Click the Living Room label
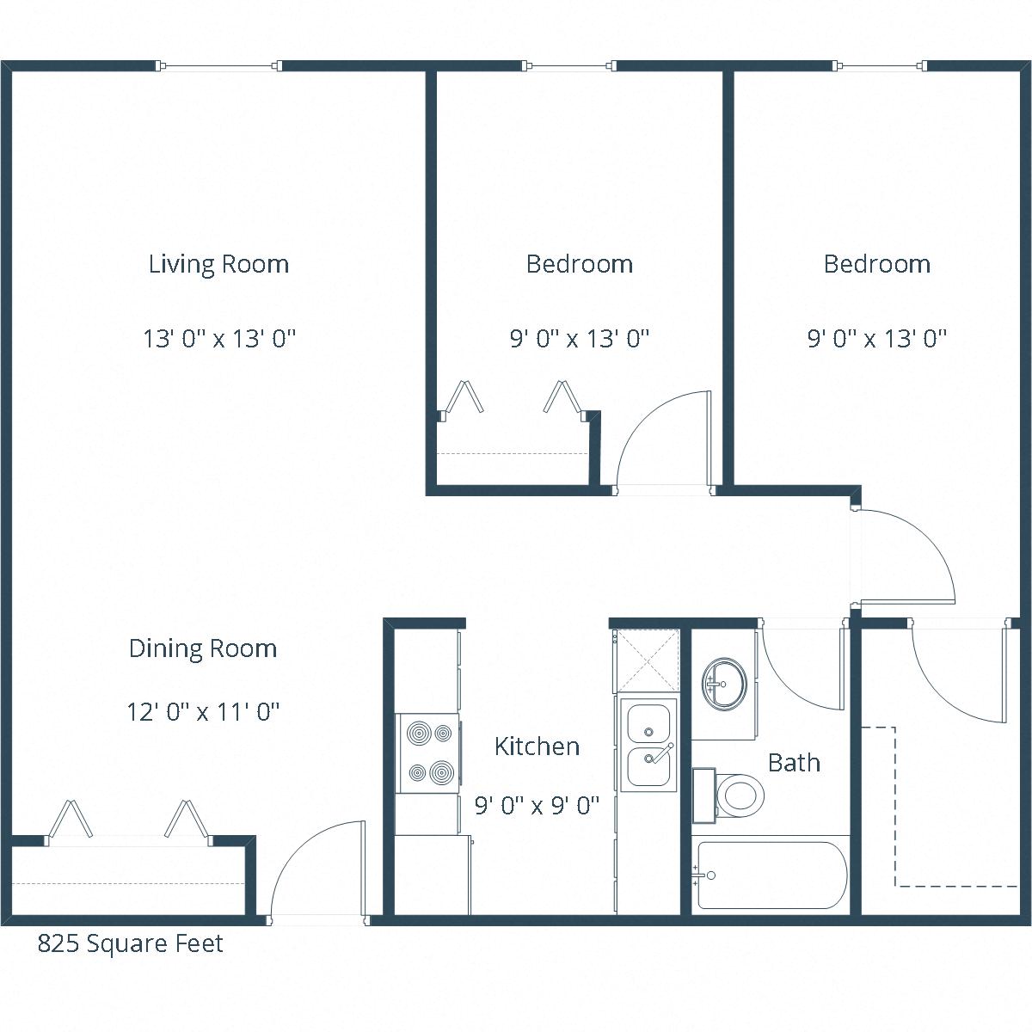coord(218,264)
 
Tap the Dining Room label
coord(203,648)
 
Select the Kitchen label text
coord(537,746)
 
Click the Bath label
coord(793,763)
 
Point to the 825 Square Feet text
coord(130,944)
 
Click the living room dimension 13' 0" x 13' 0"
coord(219,339)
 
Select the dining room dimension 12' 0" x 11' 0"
coord(203,712)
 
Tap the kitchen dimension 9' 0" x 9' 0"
coord(537,806)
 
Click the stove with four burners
coord(428,754)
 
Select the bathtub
coord(771,875)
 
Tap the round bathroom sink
coord(724,684)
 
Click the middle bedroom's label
coord(579,264)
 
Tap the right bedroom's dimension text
coord(876,339)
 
